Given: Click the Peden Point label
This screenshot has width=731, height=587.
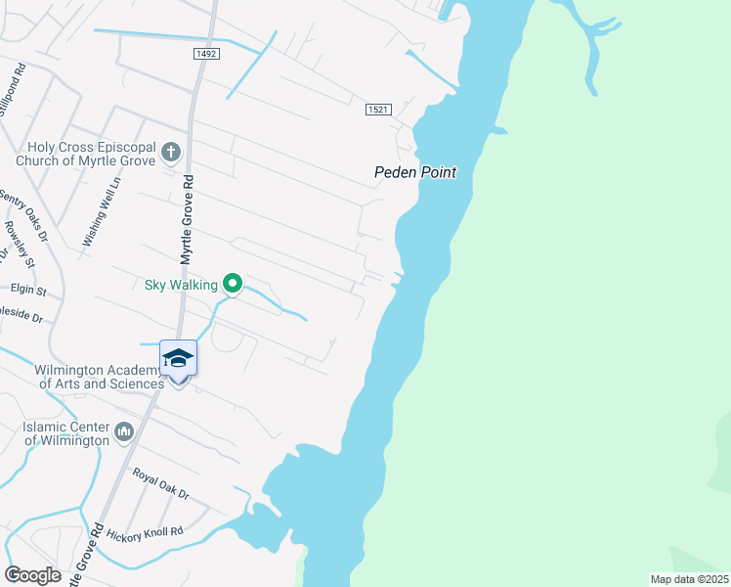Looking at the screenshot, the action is click(x=415, y=172).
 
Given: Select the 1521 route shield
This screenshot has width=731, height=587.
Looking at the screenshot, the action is click(x=379, y=110).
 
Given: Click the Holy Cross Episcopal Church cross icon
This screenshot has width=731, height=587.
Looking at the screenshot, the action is click(x=171, y=152).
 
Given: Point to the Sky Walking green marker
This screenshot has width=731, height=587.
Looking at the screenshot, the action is click(x=233, y=284).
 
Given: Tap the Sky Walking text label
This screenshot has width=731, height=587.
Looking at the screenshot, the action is click(x=182, y=285).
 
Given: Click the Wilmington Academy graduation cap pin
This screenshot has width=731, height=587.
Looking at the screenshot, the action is click(x=178, y=359).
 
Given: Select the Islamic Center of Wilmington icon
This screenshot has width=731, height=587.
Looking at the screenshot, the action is click(x=124, y=430).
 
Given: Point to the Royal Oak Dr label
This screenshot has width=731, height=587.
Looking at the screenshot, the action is click(x=161, y=483).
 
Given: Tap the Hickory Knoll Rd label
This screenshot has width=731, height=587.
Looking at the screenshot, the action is click(x=145, y=532).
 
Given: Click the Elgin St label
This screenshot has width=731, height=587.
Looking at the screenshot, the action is click(x=27, y=291).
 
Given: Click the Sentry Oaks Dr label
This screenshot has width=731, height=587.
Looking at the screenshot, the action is click(x=23, y=213).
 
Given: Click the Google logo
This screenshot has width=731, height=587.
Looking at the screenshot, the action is click(x=32, y=574).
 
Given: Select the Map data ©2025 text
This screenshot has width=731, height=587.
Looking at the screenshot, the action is click(x=688, y=579).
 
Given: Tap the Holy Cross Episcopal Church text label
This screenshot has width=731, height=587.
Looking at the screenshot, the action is click(x=86, y=153).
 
